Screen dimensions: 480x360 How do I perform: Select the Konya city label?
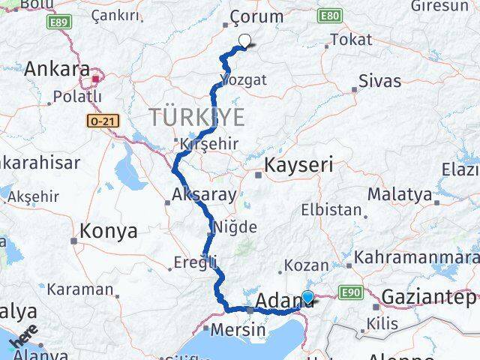[109, 231]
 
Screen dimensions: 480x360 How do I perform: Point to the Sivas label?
[379, 81]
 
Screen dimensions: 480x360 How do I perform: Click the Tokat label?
[351, 40]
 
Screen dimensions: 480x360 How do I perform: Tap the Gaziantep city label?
[430, 297]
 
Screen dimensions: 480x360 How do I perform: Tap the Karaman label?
[79, 288]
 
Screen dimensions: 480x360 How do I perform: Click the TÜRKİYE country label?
[197, 116]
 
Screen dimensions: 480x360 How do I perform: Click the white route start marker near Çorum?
[244, 42]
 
